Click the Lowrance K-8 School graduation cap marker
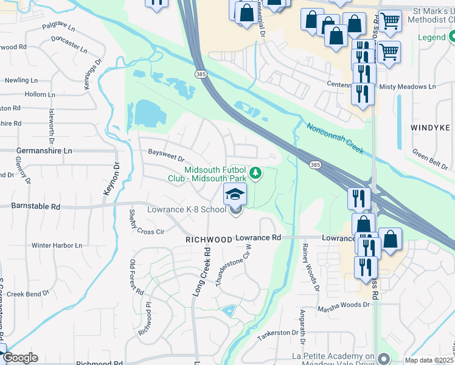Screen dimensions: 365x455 click(x=235, y=195)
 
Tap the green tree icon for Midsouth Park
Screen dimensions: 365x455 click(x=256, y=174)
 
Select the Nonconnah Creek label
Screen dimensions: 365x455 click(x=335, y=137)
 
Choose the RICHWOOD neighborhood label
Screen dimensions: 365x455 click(x=209, y=240)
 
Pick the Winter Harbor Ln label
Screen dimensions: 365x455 click(x=57, y=245)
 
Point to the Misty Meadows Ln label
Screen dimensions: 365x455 click(x=407, y=87)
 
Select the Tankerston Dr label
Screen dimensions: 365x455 click(x=278, y=333)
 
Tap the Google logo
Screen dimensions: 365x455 click(x=20, y=358)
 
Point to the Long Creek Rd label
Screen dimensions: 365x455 click(x=202, y=273)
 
